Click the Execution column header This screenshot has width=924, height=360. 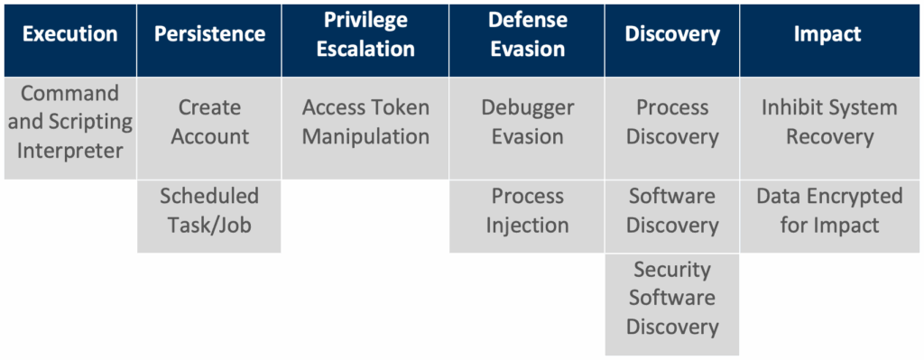(70, 41)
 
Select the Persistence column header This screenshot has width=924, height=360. (209, 41)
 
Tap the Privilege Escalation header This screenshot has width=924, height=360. (365, 41)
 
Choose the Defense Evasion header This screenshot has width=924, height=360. (527, 41)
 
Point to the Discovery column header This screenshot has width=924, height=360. (671, 41)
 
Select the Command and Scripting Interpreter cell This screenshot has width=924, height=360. (70, 128)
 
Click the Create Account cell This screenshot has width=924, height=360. (209, 128)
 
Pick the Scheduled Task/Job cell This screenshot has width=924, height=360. (209, 217)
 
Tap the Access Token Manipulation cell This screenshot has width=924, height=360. (365, 128)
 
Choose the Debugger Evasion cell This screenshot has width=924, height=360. (527, 128)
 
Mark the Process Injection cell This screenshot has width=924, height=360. (527, 217)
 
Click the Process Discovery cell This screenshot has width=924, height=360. (671, 128)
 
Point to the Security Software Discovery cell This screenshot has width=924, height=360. (671, 305)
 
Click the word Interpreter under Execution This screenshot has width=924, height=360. (70, 152)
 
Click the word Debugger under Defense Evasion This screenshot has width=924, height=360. (527, 109)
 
